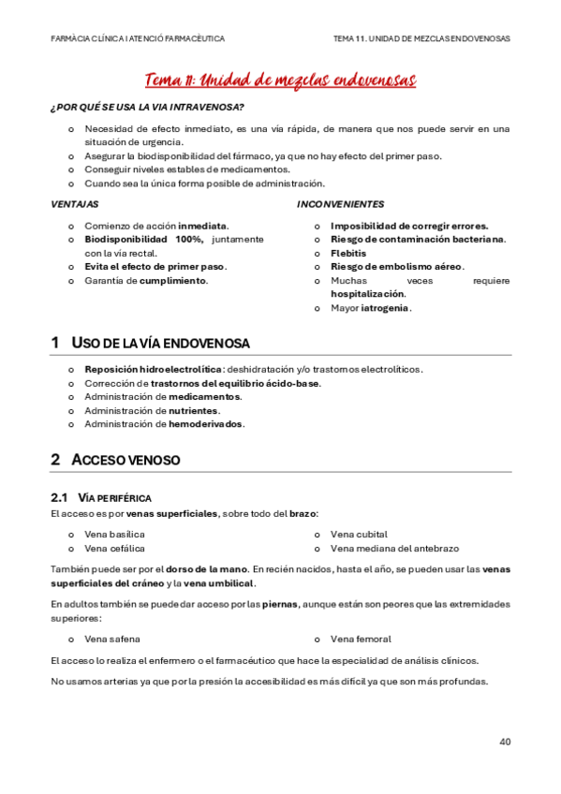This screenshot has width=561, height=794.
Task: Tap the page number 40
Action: point(505,742)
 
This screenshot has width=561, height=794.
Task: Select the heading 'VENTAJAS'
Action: point(74,203)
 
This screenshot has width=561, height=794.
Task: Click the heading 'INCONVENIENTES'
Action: point(340,203)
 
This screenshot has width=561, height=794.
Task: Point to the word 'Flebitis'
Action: point(347,253)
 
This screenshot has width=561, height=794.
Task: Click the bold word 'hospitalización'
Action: point(368,293)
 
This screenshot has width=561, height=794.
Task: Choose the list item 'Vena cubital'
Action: point(359,534)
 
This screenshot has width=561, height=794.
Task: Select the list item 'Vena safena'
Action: point(112,639)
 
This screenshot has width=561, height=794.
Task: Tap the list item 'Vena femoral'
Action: point(360,639)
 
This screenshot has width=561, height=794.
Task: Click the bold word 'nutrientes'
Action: point(194,410)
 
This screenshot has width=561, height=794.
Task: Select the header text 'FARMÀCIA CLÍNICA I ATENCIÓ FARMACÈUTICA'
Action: point(137,38)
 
